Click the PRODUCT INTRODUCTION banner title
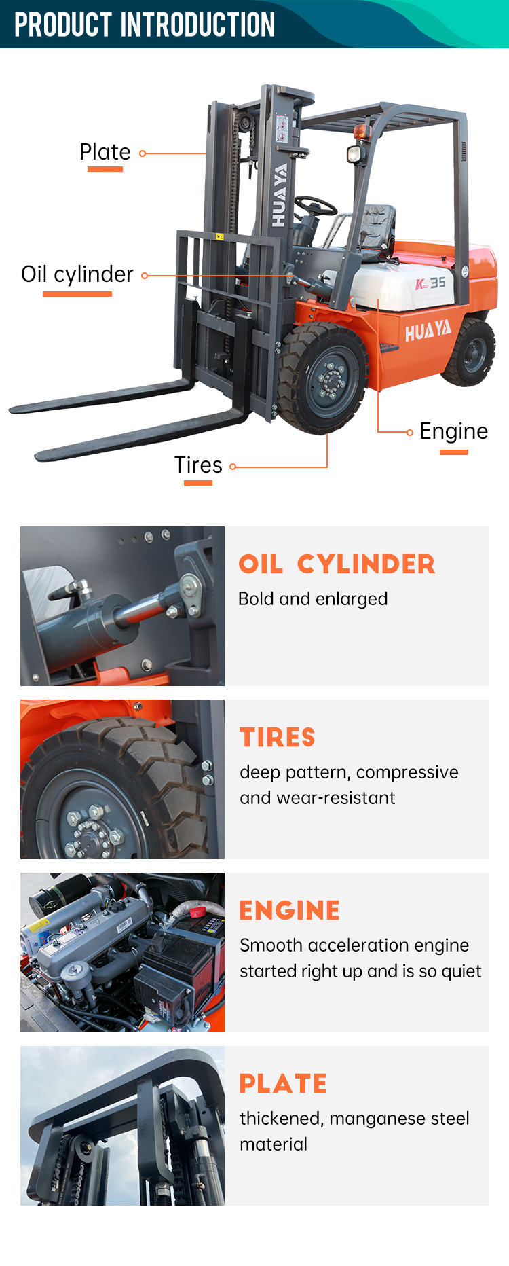(145, 24)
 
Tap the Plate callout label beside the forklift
(105, 152)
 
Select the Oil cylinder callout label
(77, 274)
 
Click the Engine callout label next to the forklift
(454, 431)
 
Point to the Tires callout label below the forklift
(198, 465)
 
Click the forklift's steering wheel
(316, 206)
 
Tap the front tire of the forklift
(323, 378)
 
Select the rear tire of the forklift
(470, 352)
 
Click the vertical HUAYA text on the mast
(280, 195)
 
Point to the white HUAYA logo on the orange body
(428, 331)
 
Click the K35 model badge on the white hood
(430, 283)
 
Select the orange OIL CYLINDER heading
(337, 564)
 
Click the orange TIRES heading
(278, 738)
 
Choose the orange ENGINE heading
(290, 911)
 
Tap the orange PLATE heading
(283, 1084)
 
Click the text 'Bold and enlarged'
(313, 599)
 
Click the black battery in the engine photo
(178, 969)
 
